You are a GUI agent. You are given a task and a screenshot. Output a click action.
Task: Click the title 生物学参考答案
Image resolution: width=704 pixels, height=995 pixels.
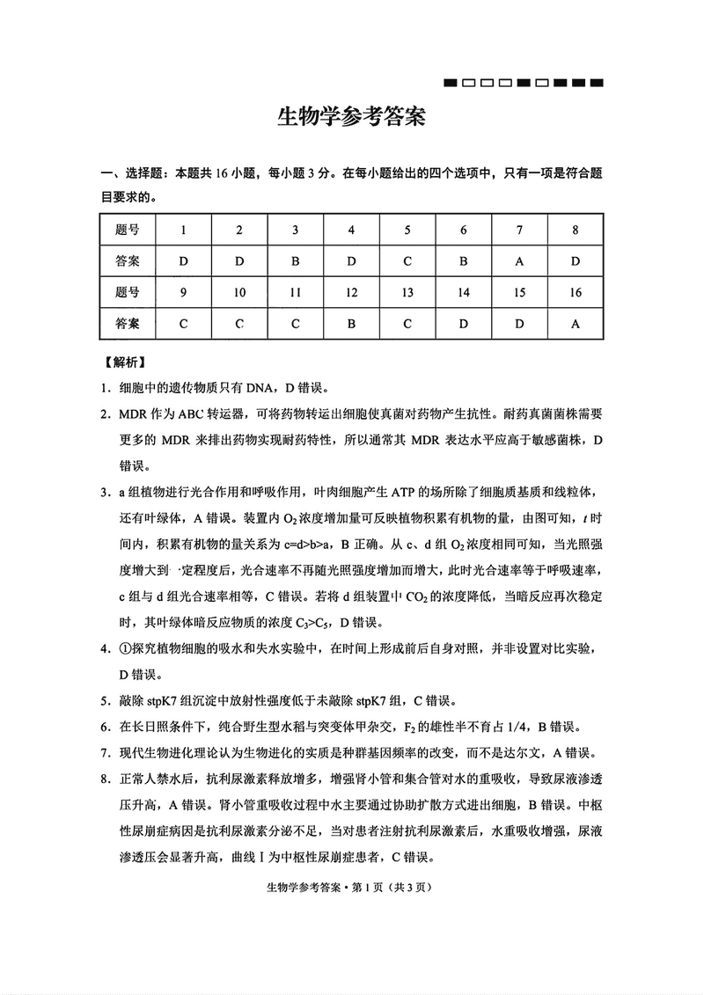pos(351,118)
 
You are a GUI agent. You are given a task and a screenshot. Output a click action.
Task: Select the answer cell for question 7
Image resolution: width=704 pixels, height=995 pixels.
pos(520,261)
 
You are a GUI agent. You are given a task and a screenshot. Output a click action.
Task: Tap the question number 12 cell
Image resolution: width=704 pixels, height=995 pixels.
pos(351,292)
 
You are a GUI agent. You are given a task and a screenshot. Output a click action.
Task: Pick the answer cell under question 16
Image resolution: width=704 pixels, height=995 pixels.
pos(576,323)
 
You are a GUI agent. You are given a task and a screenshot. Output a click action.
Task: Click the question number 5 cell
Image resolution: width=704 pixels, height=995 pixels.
pos(407,230)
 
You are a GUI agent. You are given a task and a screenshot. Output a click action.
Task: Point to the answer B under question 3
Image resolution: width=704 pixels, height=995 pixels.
pos(296,261)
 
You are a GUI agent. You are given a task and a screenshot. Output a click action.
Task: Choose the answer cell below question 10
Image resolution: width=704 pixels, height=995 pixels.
pos(239,323)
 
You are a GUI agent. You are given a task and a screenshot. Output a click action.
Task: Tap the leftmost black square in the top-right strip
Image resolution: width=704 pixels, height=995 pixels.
pos(451,84)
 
